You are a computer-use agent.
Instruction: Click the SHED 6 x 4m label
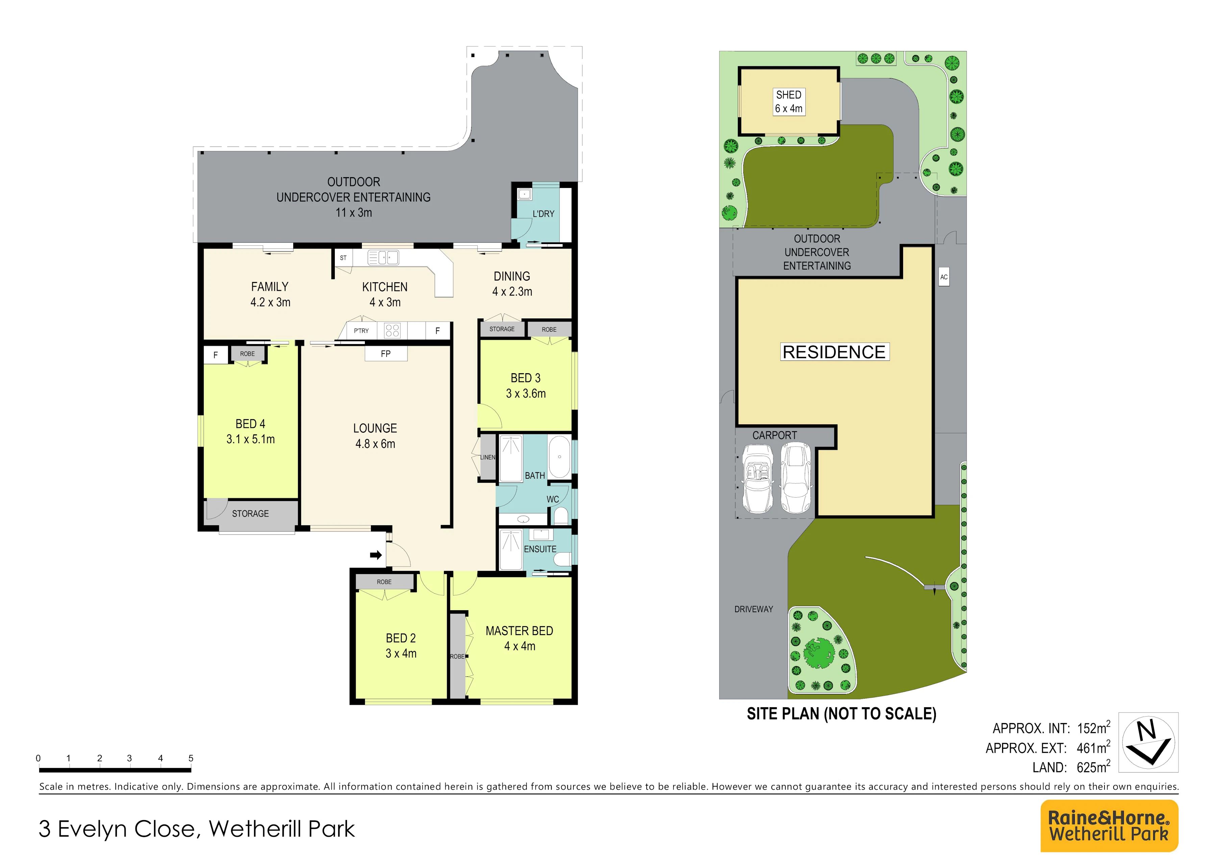[789, 101]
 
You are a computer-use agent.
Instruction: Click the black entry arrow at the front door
[376, 555]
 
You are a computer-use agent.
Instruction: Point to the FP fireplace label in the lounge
[385, 354]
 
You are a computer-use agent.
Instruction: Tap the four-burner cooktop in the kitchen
[392, 330]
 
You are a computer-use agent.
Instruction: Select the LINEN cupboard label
[488, 457]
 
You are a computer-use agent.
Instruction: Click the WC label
[553, 499]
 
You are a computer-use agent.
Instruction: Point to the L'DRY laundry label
[543, 214]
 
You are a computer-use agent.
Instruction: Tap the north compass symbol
[1148, 742]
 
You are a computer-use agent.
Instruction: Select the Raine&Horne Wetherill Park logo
[1109, 826]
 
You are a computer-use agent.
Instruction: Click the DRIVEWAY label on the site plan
[753, 609]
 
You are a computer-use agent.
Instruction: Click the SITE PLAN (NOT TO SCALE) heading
[842, 714]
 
